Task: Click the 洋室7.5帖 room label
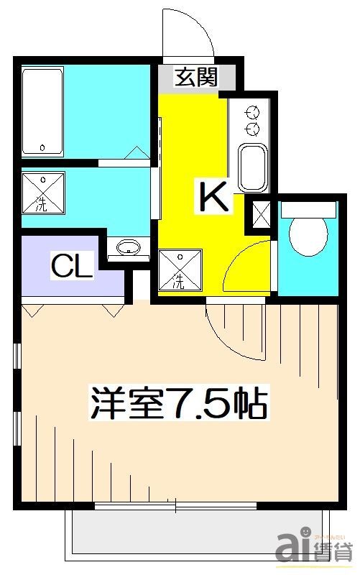pyautogui.click(x=178, y=404)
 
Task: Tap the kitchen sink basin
pyautogui.click(x=252, y=167)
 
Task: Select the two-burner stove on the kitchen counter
pyautogui.click(x=252, y=120)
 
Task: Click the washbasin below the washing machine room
pyautogui.click(x=128, y=249)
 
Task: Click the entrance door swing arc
pyautogui.click(x=188, y=32)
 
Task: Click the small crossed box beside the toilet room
pyautogui.click(x=259, y=213)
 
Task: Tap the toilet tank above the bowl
pyautogui.click(x=308, y=209)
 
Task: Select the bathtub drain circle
pyautogui.click(x=43, y=148)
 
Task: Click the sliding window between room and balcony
pyautogui.click(x=177, y=507)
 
